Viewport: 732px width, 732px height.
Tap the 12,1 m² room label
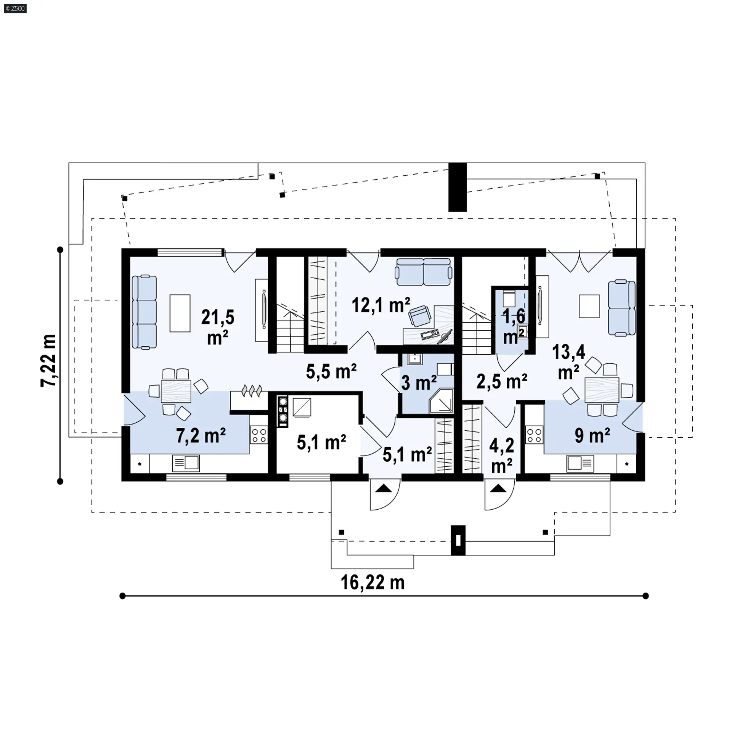click(381, 305)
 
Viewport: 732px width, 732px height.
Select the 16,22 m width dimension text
click(372, 583)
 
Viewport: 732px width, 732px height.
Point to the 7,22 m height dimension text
click(49, 361)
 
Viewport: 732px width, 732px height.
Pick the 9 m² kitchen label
click(592, 435)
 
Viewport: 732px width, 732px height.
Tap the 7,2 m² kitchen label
click(201, 435)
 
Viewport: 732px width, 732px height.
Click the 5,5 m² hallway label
click(331, 371)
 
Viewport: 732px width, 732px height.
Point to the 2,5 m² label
click(502, 381)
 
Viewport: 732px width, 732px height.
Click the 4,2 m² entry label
click(502, 456)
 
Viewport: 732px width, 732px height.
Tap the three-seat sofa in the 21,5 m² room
click(144, 312)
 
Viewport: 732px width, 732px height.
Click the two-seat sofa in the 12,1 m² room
click(424, 272)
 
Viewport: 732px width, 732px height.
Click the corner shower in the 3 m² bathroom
click(441, 401)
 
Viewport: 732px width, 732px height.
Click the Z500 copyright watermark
click(15, 8)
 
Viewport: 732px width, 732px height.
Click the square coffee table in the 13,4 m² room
click(589, 306)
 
